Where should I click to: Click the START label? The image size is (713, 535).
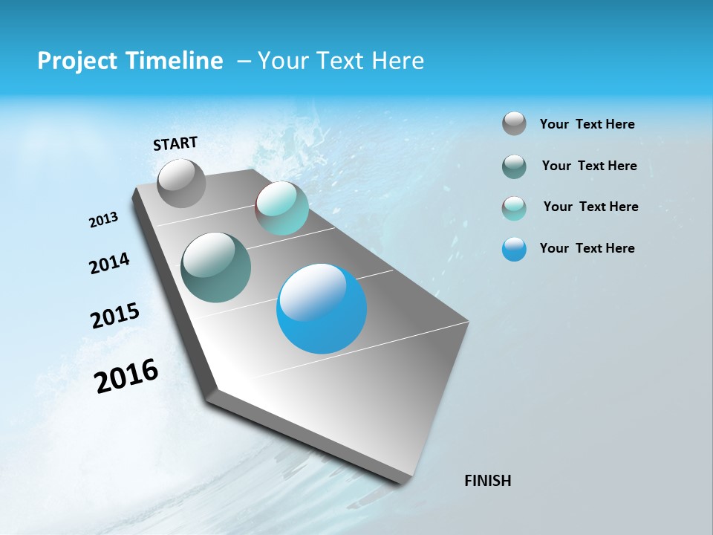pyautogui.click(x=175, y=143)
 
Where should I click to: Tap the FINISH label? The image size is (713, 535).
pyautogui.click(x=487, y=481)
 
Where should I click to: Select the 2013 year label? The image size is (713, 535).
pyautogui.click(x=104, y=220)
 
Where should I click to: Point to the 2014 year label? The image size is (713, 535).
pyautogui.click(x=109, y=263)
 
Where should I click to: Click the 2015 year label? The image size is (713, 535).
pyautogui.click(x=115, y=316)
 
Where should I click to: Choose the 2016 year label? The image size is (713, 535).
pyautogui.click(x=126, y=376)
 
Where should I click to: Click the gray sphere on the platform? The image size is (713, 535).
pyautogui.click(x=181, y=183)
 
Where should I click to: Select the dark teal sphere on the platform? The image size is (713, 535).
pyautogui.click(x=216, y=267)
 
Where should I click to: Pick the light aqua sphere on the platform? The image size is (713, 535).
pyautogui.click(x=281, y=208)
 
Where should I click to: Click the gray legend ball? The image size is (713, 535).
pyautogui.click(x=514, y=124)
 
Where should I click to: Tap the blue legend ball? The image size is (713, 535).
pyautogui.click(x=514, y=249)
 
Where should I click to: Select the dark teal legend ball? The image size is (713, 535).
pyautogui.click(x=514, y=166)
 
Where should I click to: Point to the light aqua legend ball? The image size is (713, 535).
pyautogui.click(x=514, y=207)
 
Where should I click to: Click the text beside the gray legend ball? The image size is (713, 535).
pyautogui.click(x=587, y=124)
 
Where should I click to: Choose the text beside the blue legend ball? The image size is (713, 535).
pyautogui.click(x=587, y=248)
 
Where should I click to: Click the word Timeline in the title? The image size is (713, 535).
pyautogui.click(x=177, y=61)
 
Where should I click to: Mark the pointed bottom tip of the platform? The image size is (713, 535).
pyautogui.click(x=406, y=483)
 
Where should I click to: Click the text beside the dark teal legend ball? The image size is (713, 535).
pyautogui.click(x=589, y=166)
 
